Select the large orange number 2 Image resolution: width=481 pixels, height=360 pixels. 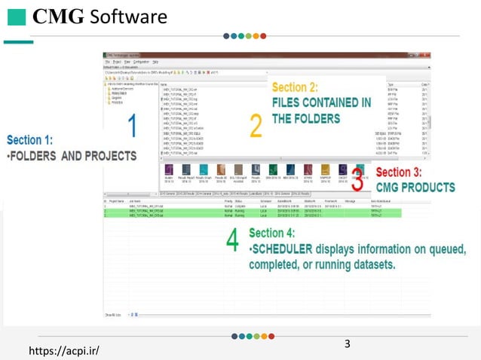click(x=256, y=126)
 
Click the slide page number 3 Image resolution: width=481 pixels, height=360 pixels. click(x=347, y=344)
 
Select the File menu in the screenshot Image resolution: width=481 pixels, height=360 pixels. click(x=108, y=60)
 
